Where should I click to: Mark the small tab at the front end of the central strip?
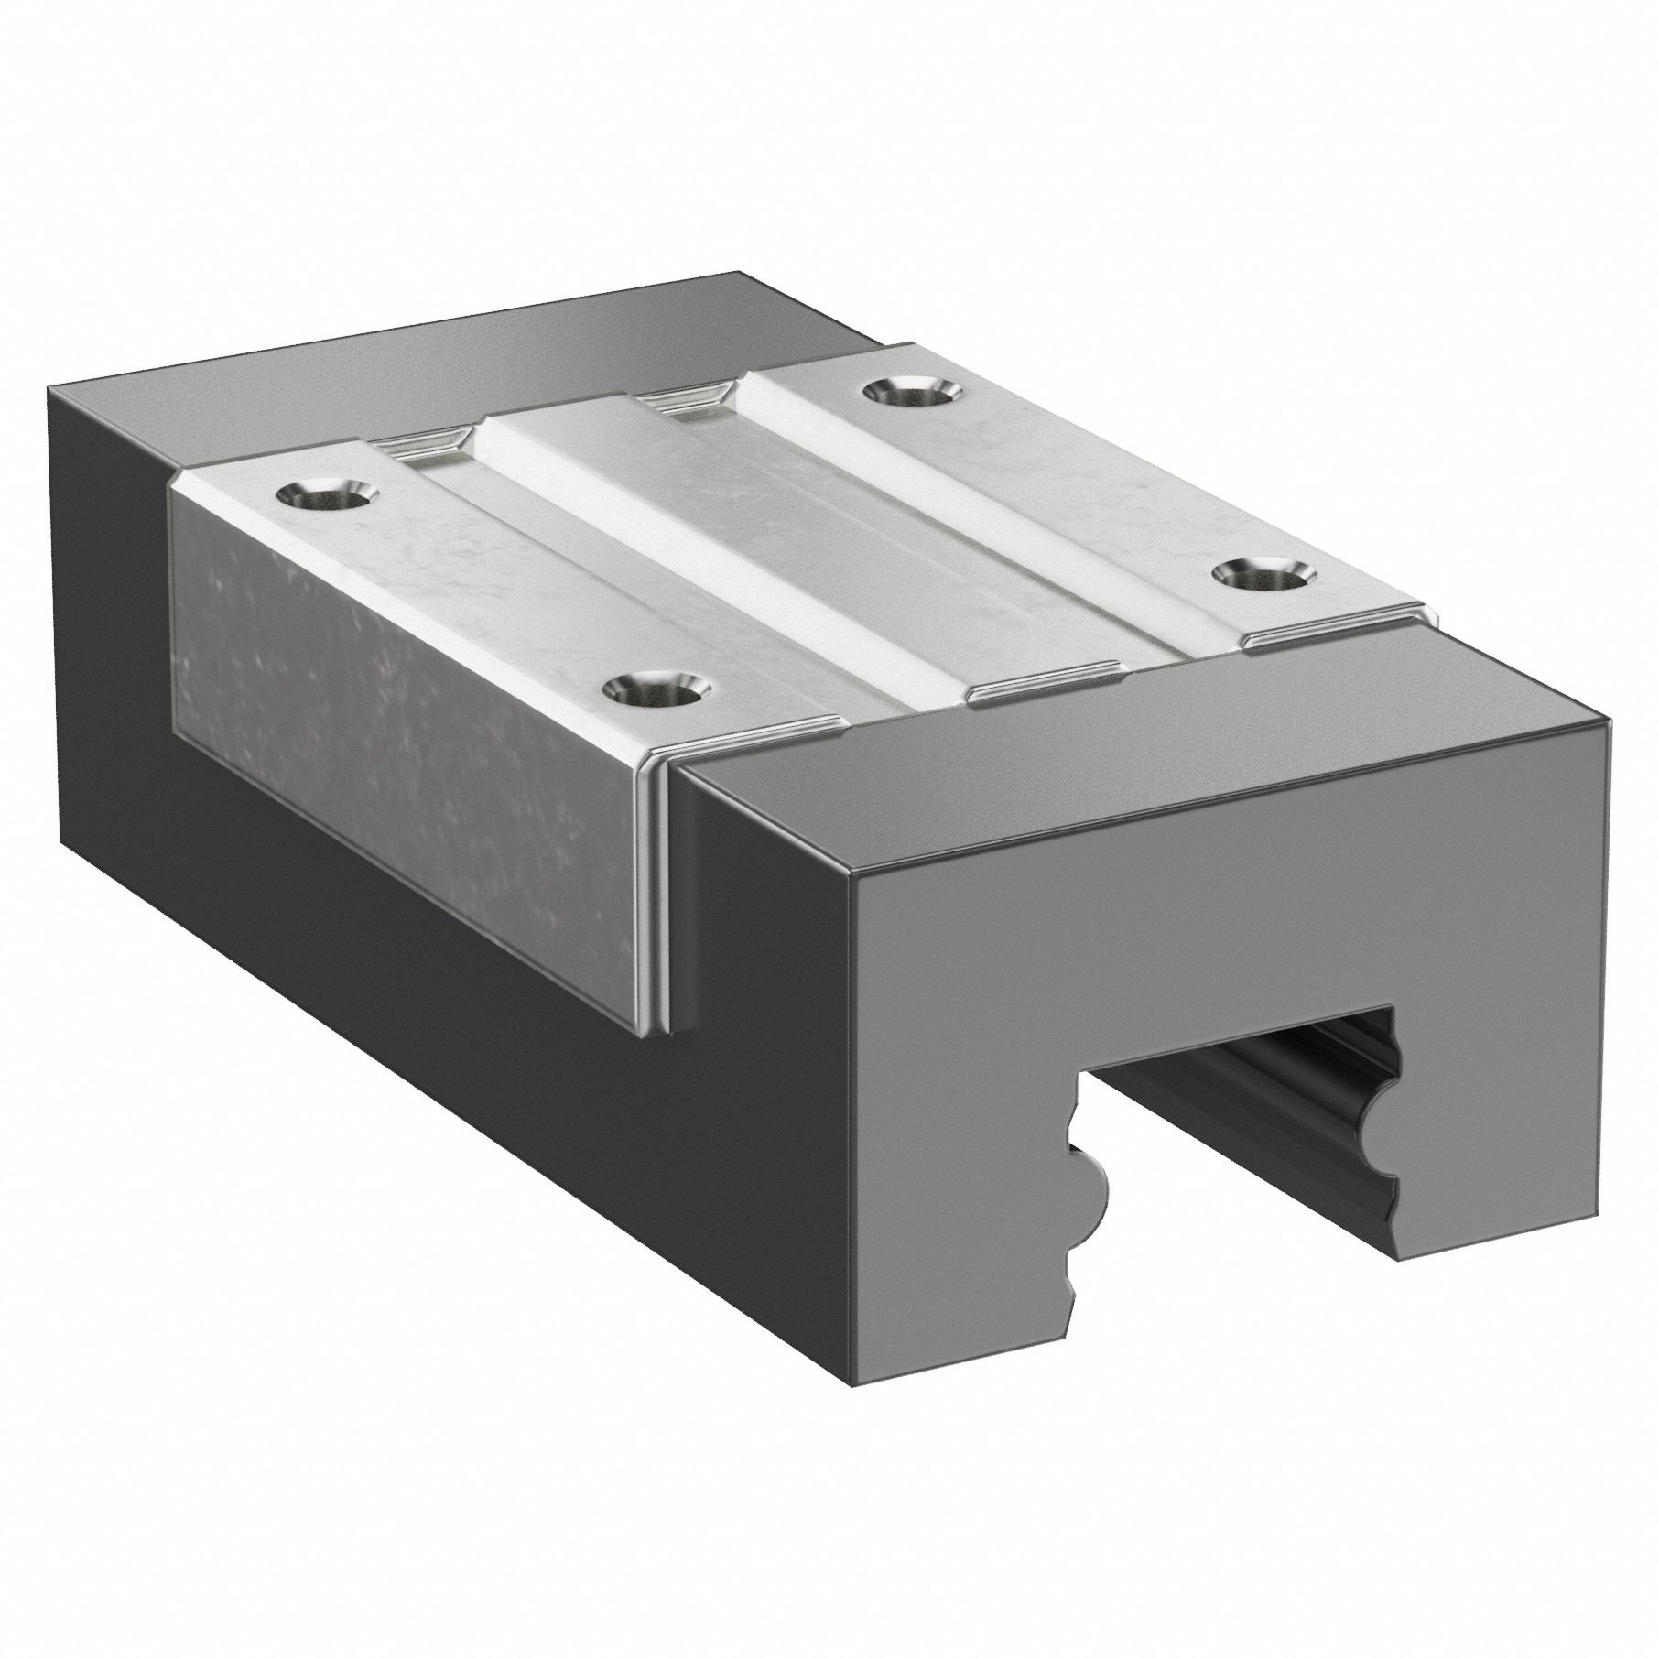[1044, 676]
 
